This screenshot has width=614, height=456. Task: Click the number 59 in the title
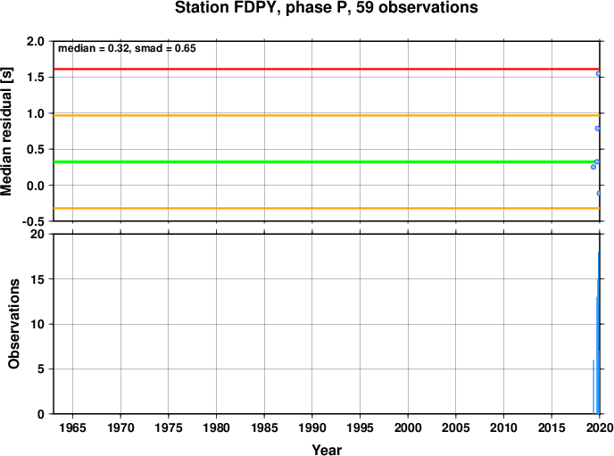pos(365,7)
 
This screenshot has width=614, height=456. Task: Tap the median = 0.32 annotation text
pos(94,48)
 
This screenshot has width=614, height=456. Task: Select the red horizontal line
pos(327,69)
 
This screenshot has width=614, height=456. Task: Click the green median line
pos(327,162)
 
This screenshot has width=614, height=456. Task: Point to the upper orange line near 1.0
pos(327,115)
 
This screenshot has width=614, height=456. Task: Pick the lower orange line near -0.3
pos(327,208)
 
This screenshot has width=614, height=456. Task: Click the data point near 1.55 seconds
pos(598,73)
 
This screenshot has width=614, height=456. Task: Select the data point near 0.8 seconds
pos(597,129)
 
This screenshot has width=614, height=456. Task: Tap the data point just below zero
pos(598,194)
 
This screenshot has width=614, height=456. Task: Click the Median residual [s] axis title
pos(7,131)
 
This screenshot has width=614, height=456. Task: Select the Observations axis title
pos(13,324)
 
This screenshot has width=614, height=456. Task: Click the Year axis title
pos(327,450)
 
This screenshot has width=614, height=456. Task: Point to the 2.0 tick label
pos(36,41)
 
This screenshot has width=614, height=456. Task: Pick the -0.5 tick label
pos(33,222)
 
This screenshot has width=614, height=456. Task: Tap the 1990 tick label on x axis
pos(312,427)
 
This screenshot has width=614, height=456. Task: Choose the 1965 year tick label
pos(72,427)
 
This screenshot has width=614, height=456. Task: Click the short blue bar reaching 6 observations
pos(593,386)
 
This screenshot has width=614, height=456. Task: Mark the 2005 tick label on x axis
pos(456,427)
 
